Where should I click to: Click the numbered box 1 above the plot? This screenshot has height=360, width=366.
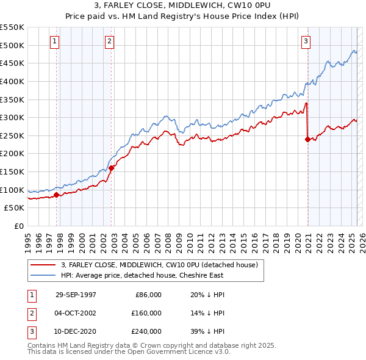click(x=55, y=41)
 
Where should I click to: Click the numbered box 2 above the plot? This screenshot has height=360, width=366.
click(x=109, y=41)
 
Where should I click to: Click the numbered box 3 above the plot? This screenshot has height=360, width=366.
click(x=306, y=41)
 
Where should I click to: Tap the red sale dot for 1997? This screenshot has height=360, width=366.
click(x=57, y=195)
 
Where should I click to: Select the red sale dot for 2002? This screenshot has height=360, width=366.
click(x=111, y=168)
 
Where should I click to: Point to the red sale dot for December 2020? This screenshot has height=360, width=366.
click(x=307, y=139)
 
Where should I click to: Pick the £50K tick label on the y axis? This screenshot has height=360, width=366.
click(x=15, y=208)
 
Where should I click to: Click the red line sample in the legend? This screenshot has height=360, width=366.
click(x=43, y=265)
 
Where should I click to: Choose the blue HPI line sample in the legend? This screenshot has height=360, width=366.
click(x=43, y=275)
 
